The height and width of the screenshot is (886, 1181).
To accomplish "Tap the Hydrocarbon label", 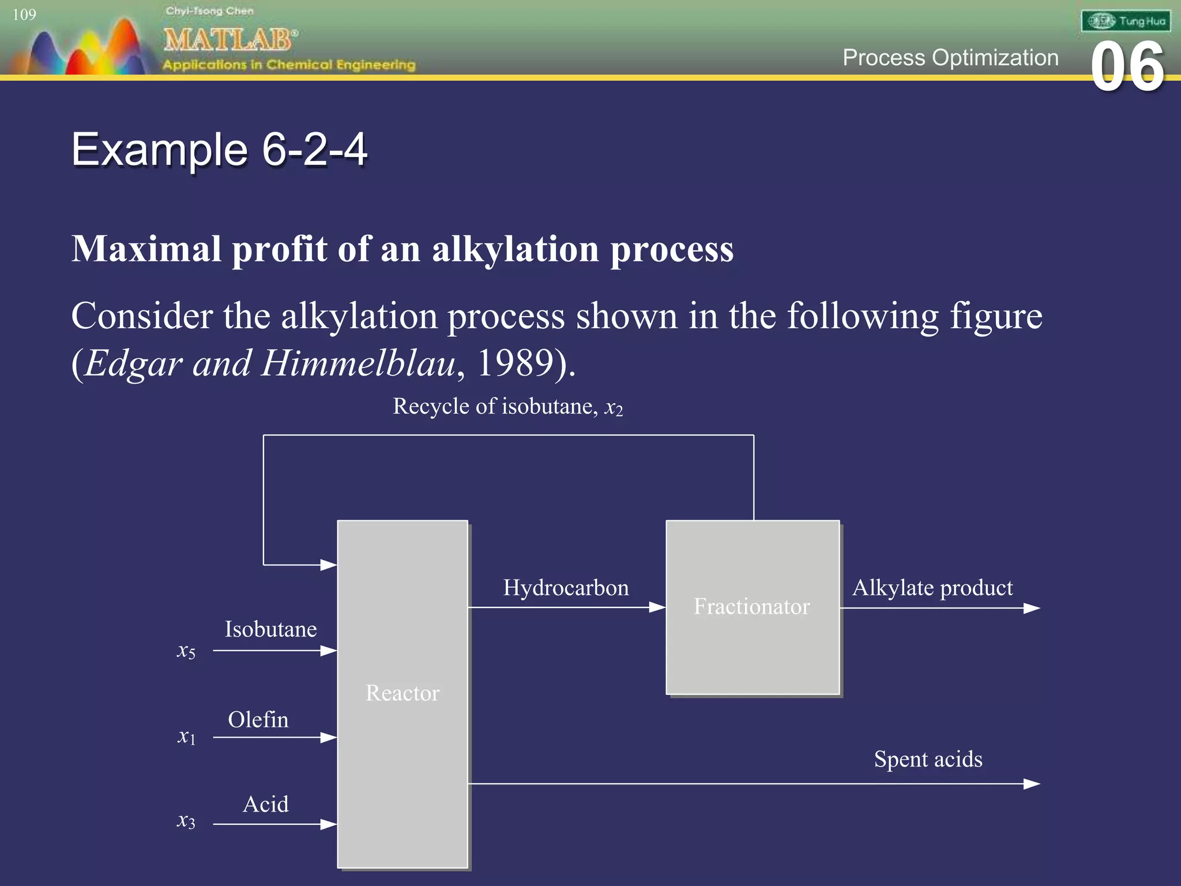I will [x=566, y=588].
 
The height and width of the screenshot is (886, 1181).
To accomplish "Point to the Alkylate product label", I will [x=932, y=588].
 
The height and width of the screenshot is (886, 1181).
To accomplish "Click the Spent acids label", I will [x=928, y=759].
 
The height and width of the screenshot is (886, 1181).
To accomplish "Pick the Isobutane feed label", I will [x=270, y=629].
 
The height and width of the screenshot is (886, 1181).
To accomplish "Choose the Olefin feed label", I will [x=258, y=720].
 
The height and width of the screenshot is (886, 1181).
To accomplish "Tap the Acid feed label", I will [x=265, y=804].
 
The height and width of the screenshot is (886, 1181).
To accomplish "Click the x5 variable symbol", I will [x=186, y=651].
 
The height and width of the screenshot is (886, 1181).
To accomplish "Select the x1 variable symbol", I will [x=186, y=737].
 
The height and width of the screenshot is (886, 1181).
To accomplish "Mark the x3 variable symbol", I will [x=186, y=821].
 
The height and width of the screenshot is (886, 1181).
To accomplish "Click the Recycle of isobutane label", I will [x=507, y=407].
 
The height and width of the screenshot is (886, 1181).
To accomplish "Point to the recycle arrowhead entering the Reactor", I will [x=329, y=565].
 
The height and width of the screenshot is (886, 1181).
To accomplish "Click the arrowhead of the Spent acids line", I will [x=1032, y=784].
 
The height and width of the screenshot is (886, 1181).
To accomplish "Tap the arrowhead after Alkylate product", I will [x=1032, y=608].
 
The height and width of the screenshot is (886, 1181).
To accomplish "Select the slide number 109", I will [x=24, y=14].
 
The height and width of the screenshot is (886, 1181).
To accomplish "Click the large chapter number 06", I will [x=1127, y=67].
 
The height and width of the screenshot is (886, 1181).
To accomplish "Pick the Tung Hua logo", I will [x=1126, y=21].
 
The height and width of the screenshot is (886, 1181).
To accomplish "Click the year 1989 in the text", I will [x=516, y=363].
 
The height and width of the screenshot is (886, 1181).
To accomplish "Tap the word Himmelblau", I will [x=358, y=363].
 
